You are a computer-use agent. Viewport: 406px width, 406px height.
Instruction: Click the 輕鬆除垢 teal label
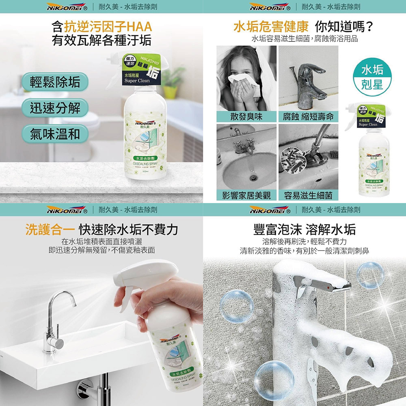point(55,82)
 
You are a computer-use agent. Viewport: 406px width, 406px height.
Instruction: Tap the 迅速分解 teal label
point(55,108)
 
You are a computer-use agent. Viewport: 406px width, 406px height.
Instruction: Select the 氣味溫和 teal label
point(55,134)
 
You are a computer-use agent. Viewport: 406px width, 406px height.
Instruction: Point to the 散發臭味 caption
point(246,117)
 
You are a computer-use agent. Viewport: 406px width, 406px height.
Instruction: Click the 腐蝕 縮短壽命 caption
point(308,117)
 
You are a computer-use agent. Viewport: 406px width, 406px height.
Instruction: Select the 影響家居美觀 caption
point(246,195)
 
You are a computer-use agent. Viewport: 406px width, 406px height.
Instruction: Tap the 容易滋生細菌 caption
point(308,195)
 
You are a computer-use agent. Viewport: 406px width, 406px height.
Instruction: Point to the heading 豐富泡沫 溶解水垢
point(304,230)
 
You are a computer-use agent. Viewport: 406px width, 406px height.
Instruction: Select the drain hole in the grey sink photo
point(252,177)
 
